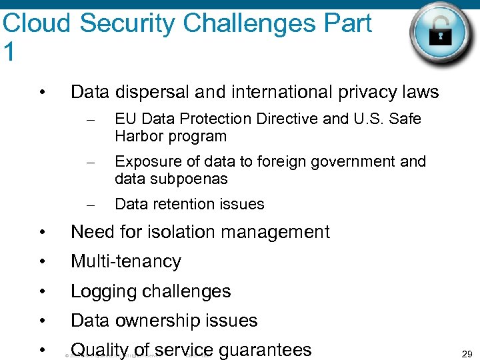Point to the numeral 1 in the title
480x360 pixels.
coord(9,52)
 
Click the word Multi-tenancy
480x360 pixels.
coord(125,261)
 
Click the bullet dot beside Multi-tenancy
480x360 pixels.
coord(42,262)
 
